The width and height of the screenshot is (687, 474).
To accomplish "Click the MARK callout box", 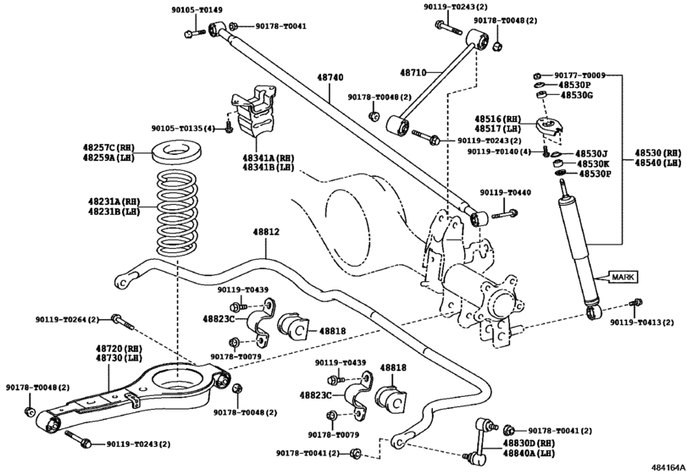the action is [x=623, y=277].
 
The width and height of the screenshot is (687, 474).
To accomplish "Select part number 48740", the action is [x=330, y=78].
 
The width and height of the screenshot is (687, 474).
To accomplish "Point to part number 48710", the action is [x=413, y=73].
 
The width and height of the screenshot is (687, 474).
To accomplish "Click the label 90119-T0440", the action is [x=505, y=193].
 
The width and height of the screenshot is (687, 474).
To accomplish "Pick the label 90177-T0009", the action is [x=579, y=75].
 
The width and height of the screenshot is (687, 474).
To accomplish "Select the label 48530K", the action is [x=592, y=163].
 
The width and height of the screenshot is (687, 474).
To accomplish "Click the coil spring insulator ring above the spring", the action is [x=176, y=152].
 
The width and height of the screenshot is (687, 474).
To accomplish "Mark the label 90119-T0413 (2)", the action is [x=642, y=322].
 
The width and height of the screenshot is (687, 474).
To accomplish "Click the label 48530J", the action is [x=591, y=153].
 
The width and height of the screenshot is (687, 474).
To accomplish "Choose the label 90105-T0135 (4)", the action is [x=184, y=129].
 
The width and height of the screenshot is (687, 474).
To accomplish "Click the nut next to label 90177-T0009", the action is [x=538, y=75].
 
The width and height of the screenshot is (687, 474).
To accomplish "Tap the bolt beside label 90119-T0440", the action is [x=505, y=214].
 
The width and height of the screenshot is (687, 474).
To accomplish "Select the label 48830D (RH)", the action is [x=529, y=443].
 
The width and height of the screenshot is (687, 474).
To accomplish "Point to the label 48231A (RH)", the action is [x=114, y=201].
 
